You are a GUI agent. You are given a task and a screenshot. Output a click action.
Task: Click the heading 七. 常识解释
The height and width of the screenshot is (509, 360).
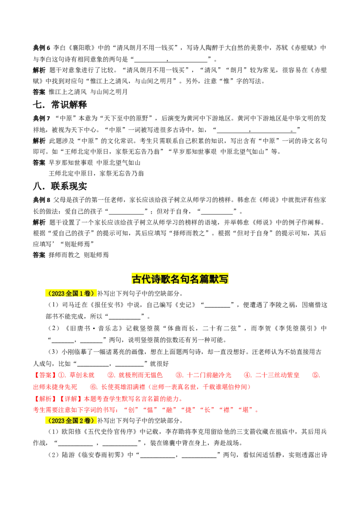tap(60, 104)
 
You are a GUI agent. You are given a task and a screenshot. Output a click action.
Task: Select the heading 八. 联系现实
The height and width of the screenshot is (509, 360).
tap(60, 186)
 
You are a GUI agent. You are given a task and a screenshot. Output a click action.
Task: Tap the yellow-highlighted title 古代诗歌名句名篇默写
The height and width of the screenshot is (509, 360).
tap(180, 279)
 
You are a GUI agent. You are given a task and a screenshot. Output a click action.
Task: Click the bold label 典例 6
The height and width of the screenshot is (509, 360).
tap(41, 48)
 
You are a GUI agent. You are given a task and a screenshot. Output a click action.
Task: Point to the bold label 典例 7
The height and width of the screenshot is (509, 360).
tap(41, 118)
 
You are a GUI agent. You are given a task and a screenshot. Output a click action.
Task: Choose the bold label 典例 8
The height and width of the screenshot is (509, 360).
tap(41, 200)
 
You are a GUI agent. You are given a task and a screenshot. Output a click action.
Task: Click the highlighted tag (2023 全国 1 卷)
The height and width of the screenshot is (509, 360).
tap(71, 294)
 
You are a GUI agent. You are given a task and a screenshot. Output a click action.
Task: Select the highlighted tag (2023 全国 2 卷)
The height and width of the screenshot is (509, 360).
tap(71, 420)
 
